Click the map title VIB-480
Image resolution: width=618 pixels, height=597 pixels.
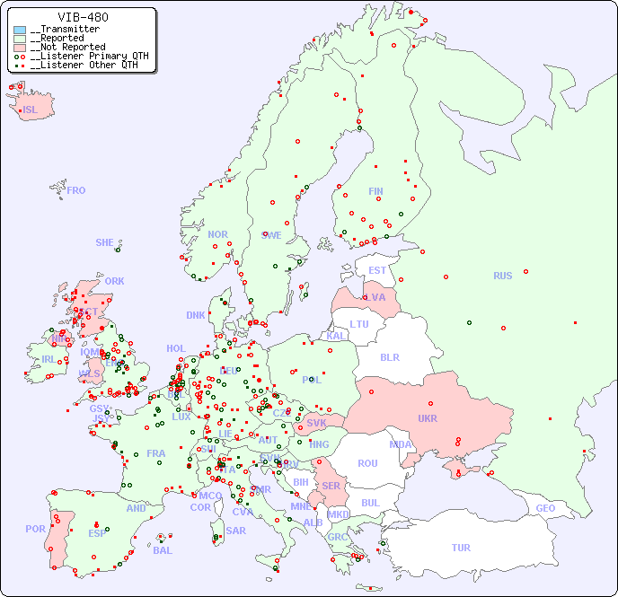pyautogui.click(x=83, y=17)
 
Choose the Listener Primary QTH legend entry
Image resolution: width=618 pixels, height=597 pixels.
pyautogui.click(x=84, y=56)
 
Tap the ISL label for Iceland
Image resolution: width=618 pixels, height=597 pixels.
pyautogui.click(x=30, y=110)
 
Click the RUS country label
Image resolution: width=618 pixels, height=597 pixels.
pyautogui.click(x=502, y=276)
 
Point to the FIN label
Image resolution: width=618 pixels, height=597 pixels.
pyautogui.click(x=375, y=191)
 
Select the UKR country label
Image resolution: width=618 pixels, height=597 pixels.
pyautogui.click(x=427, y=419)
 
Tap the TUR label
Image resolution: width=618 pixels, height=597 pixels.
pyautogui.click(x=461, y=548)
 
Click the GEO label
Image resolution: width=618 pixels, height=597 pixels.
pyautogui.click(x=545, y=508)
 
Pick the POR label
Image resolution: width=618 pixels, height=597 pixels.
pyautogui.click(x=35, y=529)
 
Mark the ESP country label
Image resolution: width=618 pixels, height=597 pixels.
pyautogui.click(x=97, y=532)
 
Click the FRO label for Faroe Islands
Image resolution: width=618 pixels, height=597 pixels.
pyautogui.click(x=75, y=190)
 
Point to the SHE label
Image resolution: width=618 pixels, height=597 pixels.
pyautogui.click(x=104, y=242)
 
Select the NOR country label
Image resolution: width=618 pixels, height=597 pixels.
pyautogui.click(x=217, y=234)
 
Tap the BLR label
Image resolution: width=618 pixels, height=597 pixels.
pyautogui.click(x=389, y=356)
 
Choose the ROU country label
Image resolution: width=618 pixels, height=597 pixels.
pyautogui.click(x=367, y=463)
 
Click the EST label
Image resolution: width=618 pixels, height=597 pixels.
pyautogui.click(x=377, y=270)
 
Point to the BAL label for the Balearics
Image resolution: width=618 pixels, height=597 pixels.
pyautogui.click(x=162, y=550)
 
